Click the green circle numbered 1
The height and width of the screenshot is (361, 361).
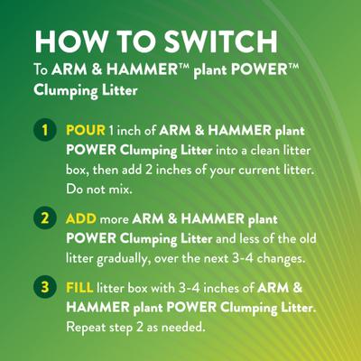click(x=42, y=131)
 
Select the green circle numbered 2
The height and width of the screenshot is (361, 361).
click(x=42, y=218)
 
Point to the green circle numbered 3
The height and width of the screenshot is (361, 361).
click(x=42, y=288)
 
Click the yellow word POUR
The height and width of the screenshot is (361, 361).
click(x=85, y=131)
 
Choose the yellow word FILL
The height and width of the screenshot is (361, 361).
click(x=79, y=288)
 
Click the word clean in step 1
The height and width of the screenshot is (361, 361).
click(x=239, y=149)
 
